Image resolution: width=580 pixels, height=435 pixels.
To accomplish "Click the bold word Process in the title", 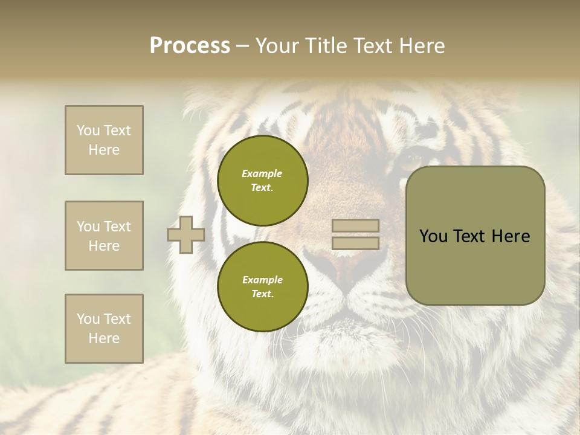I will [190, 46].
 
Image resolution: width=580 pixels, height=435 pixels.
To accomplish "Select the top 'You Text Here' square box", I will [104, 140].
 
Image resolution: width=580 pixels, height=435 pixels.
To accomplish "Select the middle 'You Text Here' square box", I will [104, 236].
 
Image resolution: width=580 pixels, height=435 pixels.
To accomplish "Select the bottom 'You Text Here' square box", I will [104, 329].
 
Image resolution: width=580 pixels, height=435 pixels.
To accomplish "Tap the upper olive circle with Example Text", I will [262, 181].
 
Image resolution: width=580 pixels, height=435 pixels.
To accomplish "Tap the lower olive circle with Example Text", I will [262, 287].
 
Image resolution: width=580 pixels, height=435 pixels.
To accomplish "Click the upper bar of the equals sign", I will [356, 225].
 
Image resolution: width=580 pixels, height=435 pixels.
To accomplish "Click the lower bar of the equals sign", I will [356, 243].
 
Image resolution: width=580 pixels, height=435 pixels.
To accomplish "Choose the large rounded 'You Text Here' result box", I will [475, 236].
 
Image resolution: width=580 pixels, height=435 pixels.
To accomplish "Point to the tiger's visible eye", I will [413, 160].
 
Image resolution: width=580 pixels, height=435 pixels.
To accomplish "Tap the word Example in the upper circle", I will [262, 173].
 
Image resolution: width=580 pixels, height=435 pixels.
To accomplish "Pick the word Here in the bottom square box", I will [104, 338].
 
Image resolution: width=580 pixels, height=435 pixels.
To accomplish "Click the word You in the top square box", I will [88, 130].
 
